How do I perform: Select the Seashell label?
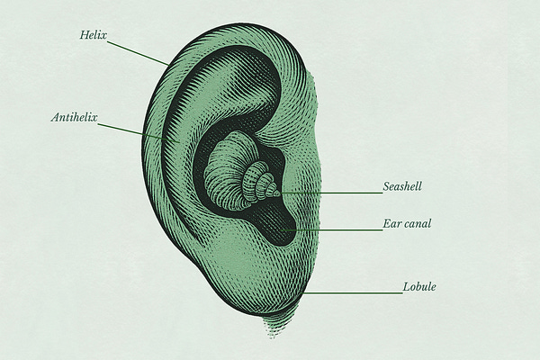pos(402,187)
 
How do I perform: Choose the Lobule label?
pos(421,288)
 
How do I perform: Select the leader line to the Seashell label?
pos(333,193)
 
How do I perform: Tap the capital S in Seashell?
pos(386,187)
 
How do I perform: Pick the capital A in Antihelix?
pos(54,117)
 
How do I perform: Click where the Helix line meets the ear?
pos(169,64)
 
